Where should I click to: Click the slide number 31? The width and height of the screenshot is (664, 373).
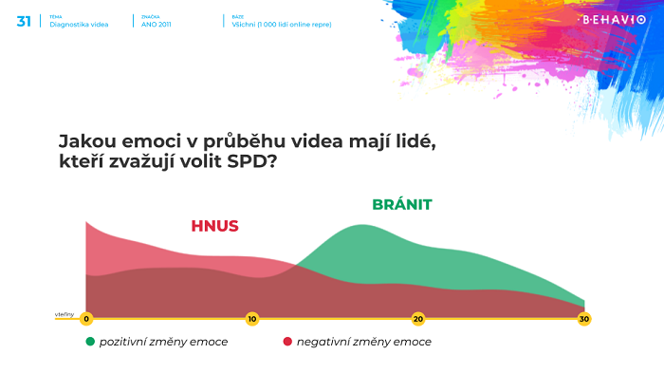24,21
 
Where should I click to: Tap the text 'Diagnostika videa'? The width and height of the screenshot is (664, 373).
80,24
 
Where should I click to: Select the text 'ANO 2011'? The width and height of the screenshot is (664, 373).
157,24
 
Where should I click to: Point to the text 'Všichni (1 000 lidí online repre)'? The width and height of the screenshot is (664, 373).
282,24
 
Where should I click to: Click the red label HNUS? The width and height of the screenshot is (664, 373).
214,226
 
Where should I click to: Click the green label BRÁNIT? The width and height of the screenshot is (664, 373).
402,204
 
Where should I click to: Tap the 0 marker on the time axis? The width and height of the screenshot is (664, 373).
86,319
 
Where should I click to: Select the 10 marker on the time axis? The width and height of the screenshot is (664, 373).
252,319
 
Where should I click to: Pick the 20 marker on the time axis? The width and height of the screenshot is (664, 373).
417,319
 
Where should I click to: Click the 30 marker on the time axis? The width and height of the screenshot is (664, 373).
584,319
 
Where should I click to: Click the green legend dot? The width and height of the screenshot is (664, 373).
90,342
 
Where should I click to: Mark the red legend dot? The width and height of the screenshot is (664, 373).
287,342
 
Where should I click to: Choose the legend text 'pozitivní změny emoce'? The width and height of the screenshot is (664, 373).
163,342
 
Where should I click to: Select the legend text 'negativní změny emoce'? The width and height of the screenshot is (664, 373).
363,342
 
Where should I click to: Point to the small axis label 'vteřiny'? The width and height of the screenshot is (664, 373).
65,313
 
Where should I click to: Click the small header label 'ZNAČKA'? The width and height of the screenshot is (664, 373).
150,16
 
